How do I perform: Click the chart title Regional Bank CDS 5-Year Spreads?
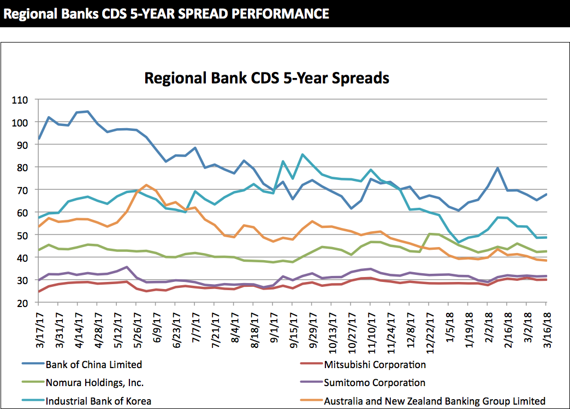tap(266, 78)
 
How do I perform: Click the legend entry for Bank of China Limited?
tap(93, 364)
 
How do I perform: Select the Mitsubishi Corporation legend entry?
tap(375, 364)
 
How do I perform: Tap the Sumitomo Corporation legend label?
tap(374, 383)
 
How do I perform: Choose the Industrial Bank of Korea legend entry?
tap(98, 401)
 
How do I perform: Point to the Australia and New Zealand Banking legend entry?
tap(435, 401)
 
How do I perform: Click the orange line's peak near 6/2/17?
tap(146, 185)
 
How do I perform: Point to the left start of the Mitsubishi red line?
tap(39, 292)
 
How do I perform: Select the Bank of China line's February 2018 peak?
tap(498, 168)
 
